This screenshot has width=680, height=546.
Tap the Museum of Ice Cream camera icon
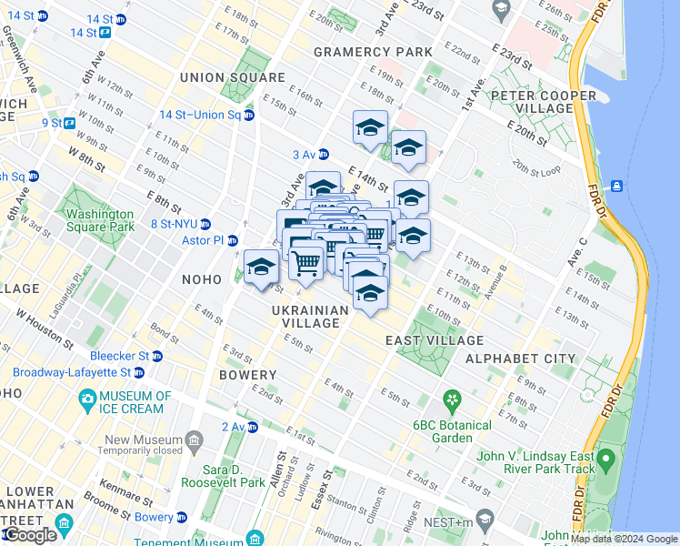[87, 398]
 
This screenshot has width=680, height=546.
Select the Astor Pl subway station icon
[232, 240]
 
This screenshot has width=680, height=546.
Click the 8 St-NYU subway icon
[205, 224]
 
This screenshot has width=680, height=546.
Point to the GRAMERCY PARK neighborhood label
[373, 52]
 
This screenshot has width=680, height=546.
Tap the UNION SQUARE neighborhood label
[220, 77]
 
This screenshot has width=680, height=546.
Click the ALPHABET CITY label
[521, 359]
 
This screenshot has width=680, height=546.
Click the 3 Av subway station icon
[323, 154]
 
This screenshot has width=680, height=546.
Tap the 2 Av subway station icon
[252, 427]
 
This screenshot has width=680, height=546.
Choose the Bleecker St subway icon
[156, 356]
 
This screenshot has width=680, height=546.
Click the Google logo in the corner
[29, 536]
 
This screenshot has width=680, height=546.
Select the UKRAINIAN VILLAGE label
[310, 317]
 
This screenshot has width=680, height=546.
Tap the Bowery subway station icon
[181, 517]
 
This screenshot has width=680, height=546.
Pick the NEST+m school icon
[485, 521]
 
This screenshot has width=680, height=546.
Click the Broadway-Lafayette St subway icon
[139, 372]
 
